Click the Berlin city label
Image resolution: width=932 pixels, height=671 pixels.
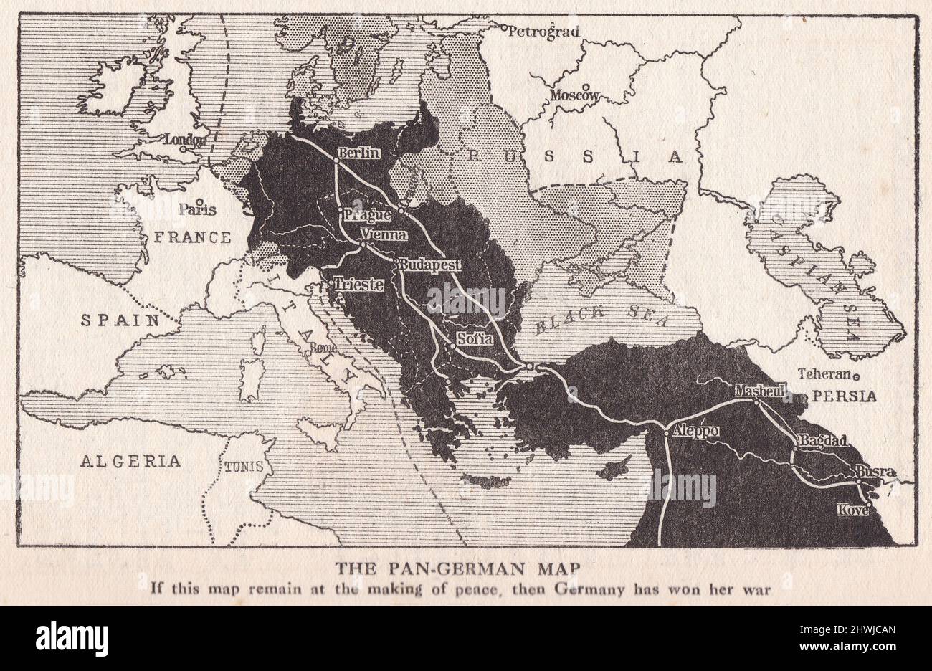360,153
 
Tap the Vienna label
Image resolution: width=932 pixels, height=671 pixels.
386,234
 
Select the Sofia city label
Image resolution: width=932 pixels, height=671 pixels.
475,338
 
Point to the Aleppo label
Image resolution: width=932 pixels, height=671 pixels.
692,432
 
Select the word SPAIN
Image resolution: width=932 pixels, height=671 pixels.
120,320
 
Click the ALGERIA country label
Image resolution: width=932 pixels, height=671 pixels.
130,460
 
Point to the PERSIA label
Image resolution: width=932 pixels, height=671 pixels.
844,395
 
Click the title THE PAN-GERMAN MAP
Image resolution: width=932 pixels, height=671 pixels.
460,568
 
